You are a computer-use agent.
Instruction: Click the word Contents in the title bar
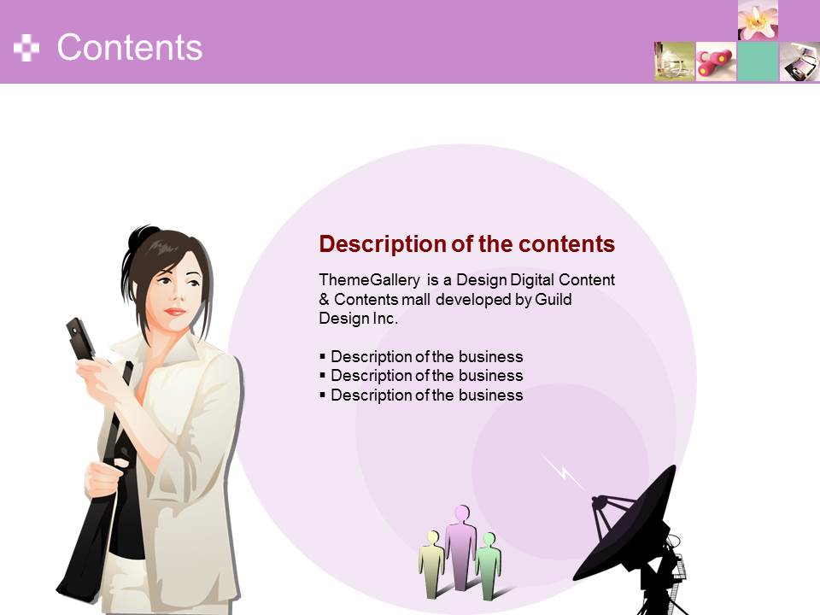tap(129, 48)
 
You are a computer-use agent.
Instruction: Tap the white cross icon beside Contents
tap(26, 48)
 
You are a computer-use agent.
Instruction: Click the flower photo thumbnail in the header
tap(758, 20)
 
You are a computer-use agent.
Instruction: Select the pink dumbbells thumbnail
tap(716, 61)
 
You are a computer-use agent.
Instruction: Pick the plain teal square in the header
tap(758, 61)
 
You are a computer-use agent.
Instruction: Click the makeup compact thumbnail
tap(799, 61)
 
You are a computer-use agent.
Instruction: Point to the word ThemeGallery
tap(369, 280)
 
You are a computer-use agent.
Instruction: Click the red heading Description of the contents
tap(467, 244)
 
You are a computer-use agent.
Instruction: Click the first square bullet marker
tap(322, 357)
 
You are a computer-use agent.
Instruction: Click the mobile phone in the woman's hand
tap(80, 339)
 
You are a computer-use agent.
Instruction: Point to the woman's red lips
tap(175, 312)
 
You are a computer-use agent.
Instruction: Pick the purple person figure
tap(460, 547)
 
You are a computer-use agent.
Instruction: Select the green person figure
tap(489, 565)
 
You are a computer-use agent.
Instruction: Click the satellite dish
tap(633, 539)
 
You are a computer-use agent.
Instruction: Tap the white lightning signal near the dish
tap(564, 472)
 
